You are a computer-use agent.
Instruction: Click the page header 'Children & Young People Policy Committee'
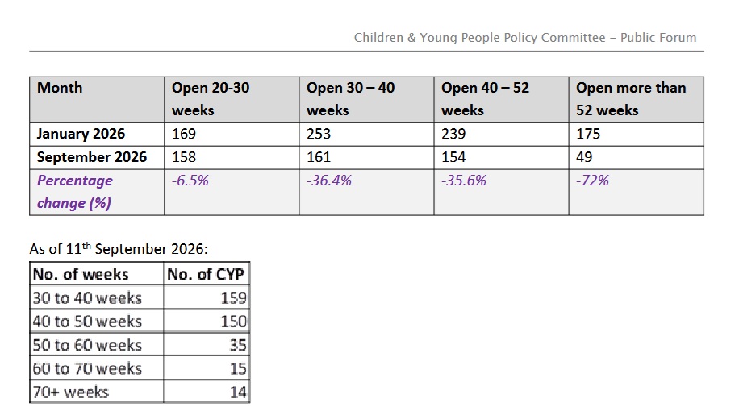[x=479, y=38]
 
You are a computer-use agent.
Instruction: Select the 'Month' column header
[x=60, y=88]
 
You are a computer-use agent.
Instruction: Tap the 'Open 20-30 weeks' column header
[x=211, y=99]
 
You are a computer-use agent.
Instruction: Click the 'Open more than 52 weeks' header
[x=631, y=99]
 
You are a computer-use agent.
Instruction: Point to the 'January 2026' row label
[x=81, y=134]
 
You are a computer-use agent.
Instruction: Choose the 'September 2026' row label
[x=92, y=157]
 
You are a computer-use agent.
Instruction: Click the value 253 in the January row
[x=319, y=134]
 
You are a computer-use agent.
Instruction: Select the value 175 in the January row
[x=588, y=134]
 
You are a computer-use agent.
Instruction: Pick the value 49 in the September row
[x=584, y=157]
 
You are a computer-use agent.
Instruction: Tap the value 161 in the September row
[x=319, y=157]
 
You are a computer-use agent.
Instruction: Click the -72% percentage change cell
[x=592, y=181]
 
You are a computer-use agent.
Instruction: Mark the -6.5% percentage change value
[x=190, y=181]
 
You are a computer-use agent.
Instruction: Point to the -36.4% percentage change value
[x=329, y=181]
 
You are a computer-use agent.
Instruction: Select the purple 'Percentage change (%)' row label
[x=75, y=192]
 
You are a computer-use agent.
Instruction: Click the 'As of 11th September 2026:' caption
[x=119, y=248]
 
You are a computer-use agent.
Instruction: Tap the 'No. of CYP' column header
[x=206, y=274]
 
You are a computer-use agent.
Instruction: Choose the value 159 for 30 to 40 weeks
[x=234, y=298]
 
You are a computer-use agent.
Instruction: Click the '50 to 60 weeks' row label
[x=87, y=345]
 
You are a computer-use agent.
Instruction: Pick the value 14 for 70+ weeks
[x=239, y=392]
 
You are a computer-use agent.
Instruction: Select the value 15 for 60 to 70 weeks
[x=239, y=368]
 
